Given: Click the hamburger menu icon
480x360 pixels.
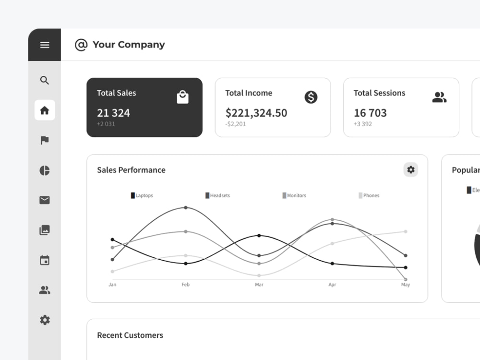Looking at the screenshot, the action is pos(45,45).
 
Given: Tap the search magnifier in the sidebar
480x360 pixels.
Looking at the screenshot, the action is pos(45,80).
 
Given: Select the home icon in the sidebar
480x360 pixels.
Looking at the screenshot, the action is pos(45,110).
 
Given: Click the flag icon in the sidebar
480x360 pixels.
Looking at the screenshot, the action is pos(45,140).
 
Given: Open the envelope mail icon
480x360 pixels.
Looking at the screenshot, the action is pos(45,200).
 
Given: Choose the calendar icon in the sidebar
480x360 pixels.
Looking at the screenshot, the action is pos(45,260).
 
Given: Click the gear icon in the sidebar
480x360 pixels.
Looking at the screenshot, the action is pos(45,320).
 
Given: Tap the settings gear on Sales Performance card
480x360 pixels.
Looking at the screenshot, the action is pos(411,169).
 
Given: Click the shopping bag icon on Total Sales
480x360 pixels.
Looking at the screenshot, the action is pos(182,97).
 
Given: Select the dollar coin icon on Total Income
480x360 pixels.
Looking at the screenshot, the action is pos(311,97).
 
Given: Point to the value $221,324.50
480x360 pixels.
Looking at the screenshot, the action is pos(256,113).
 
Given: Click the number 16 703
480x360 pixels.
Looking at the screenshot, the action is pos(370,113).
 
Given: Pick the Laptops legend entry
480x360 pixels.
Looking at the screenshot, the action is pos(142,195).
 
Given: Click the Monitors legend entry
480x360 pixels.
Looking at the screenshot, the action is pos(294,195).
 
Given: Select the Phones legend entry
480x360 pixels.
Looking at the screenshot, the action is pos(369,195).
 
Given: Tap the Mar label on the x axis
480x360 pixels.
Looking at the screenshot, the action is pos(259,285).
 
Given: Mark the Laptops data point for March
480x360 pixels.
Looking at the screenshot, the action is pos(259,235).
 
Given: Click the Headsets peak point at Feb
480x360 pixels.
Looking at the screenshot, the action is pos(186,207).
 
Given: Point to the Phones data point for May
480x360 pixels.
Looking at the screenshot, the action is pos(406,231).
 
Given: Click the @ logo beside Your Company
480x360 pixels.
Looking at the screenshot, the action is pos(81,45).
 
